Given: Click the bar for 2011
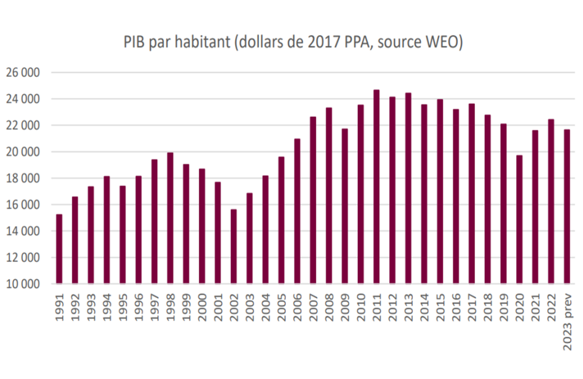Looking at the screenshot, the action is click(x=376, y=187).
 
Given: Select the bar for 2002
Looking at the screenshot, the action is click(x=233, y=246).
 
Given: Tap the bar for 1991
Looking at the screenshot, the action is click(x=59, y=249).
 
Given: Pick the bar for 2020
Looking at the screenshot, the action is click(x=519, y=219).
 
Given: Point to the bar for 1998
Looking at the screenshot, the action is click(x=170, y=218).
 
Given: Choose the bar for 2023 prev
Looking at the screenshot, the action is click(x=567, y=206).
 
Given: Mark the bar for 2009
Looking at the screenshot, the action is click(x=345, y=206).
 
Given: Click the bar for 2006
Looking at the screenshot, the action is click(x=297, y=211).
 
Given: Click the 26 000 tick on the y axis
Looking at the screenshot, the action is click(x=23, y=72).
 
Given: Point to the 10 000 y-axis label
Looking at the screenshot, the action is click(x=23, y=284).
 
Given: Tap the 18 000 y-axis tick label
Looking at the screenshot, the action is click(x=23, y=178).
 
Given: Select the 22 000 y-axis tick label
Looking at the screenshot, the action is click(x=23, y=125).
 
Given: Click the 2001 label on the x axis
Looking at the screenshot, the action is click(x=218, y=307).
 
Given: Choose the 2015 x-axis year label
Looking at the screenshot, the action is click(x=440, y=307).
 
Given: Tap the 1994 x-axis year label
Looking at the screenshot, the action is click(x=107, y=307).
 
